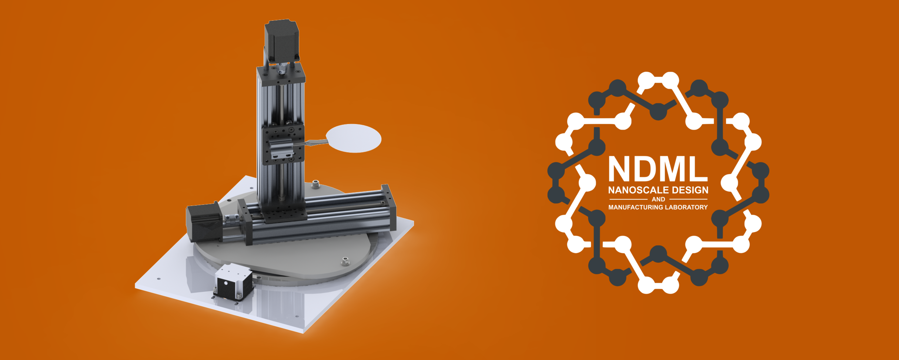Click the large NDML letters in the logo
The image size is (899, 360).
pos(658,169)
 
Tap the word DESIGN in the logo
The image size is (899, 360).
pos(690,190)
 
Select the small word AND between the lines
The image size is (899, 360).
pos(658,199)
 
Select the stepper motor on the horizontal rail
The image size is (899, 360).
pos(203,222)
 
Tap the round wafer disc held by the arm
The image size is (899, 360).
pos(354,138)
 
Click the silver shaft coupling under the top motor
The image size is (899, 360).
pos(283,68)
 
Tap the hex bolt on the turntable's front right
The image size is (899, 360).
pos(345,261)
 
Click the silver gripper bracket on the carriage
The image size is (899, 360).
pos(281,150)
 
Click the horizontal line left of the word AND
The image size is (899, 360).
pos(628,199)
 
